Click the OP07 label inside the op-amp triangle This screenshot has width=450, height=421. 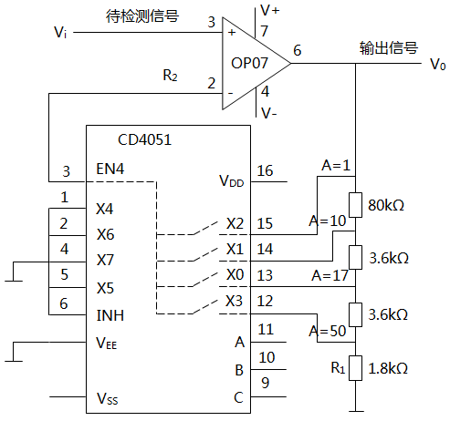pyautogui.click(x=250, y=64)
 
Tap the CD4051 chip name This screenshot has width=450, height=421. pyautogui.click(x=144, y=140)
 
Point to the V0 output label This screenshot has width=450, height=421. pyautogui.click(x=438, y=65)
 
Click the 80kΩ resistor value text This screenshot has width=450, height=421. pyautogui.click(x=386, y=204)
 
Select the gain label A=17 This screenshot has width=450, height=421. pyautogui.click(x=330, y=274)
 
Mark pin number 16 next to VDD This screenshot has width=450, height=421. pyautogui.click(x=265, y=170)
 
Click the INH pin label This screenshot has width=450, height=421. pyautogui.click(x=110, y=316)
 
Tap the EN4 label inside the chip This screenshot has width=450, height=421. pyautogui.click(x=111, y=169)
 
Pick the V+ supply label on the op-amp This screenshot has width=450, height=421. pyautogui.click(x=271, y=10)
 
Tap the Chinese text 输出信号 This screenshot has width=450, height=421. pyautogui.click(x=388, y=47)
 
